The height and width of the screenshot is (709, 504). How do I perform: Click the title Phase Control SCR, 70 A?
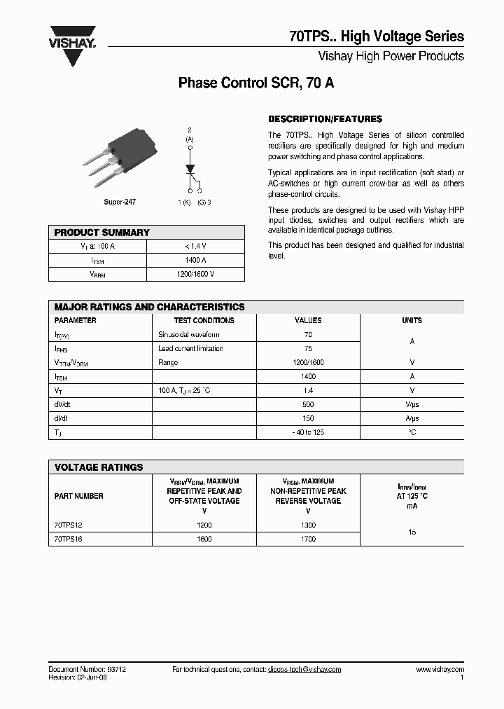[256, 83]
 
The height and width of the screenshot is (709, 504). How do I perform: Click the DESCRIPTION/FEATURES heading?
[325, 119]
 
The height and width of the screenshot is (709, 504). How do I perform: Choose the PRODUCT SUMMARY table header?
[102, 233]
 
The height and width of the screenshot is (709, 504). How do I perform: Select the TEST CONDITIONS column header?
[204, 320]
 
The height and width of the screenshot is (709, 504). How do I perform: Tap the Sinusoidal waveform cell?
[188, 335]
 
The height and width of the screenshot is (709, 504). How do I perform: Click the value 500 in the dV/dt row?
[308, 404]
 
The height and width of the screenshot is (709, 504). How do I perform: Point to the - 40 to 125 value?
[308, 432]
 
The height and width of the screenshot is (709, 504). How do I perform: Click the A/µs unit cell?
[412, 418]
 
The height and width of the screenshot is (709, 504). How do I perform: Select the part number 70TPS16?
[68, 539]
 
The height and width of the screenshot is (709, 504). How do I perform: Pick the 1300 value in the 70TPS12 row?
[308, 525]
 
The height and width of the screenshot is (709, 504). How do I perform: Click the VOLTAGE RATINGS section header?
[99, 467]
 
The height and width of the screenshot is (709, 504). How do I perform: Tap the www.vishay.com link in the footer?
[440, 669]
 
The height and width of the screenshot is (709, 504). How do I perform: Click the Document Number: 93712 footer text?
[87, 669]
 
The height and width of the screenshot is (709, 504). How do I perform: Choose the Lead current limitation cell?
[190, 348]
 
